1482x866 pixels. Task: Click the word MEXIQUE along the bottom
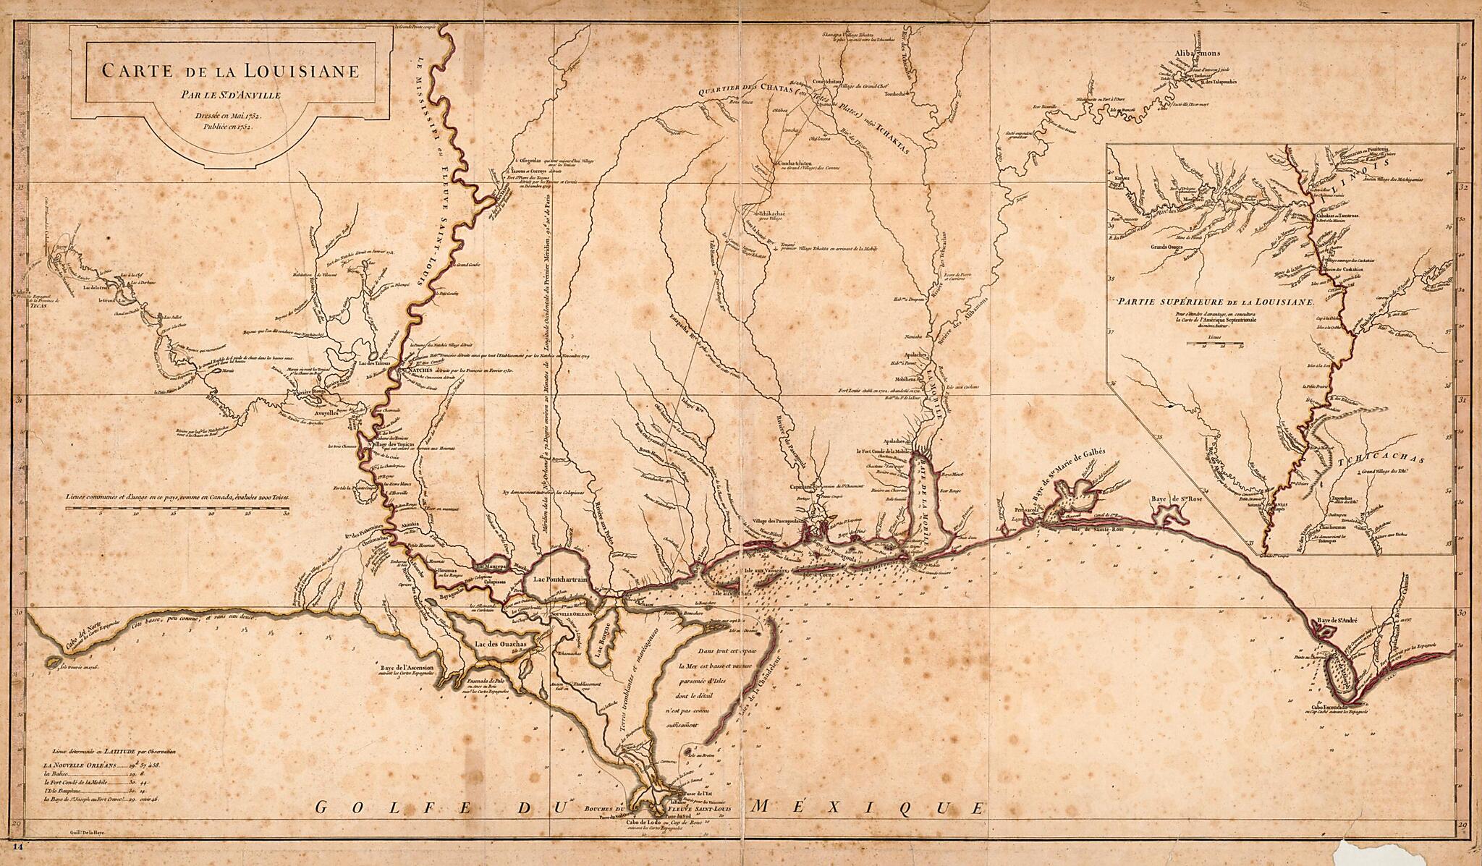868,806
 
